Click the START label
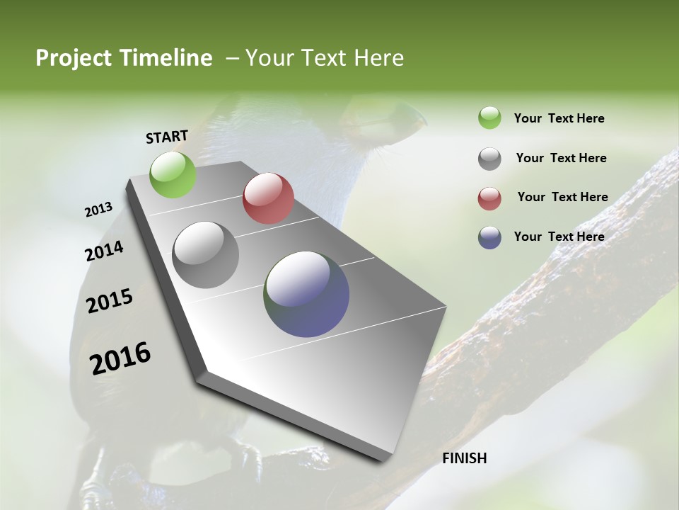[167, 136]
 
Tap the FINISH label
[464, 458]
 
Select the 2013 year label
[98, 210]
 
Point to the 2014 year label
[104, 251]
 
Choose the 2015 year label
[110, 301]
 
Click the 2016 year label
[120, 358]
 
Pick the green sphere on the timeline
[173, 174]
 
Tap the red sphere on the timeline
[268, 198]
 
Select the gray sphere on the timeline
[205, 255]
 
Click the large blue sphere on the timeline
[306, 294]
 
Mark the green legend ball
[489, 118]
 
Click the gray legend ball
[489, 159]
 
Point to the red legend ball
[489, 198]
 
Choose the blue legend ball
[489, 237]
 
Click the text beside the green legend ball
[559, 118]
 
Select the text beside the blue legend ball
[559, 237]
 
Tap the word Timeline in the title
[166, 58]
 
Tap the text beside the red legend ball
[562, 197]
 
